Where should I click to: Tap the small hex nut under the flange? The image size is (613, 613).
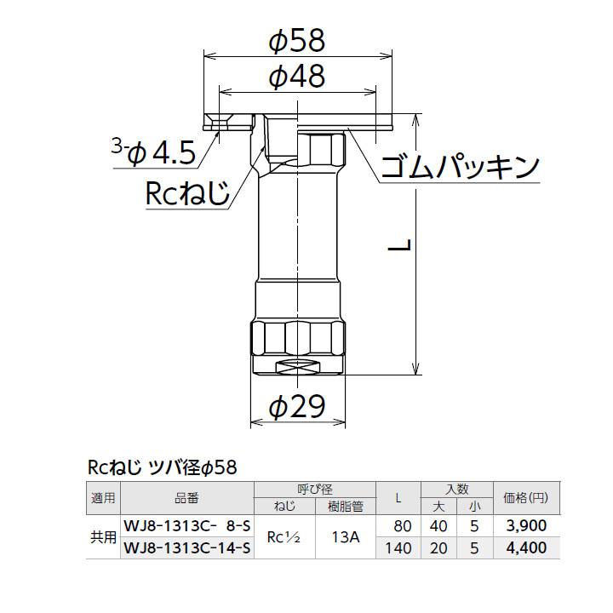pos(322,150)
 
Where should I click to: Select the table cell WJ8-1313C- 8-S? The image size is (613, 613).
pos(188,525)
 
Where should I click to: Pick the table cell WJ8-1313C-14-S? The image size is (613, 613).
pos(188,548)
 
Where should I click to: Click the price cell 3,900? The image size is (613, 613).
pos(525,525)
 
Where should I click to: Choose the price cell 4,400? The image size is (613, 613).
pos(525,548)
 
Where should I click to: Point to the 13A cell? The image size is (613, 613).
pos(346,537)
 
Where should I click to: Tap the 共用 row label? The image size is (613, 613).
pos(103,537)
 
